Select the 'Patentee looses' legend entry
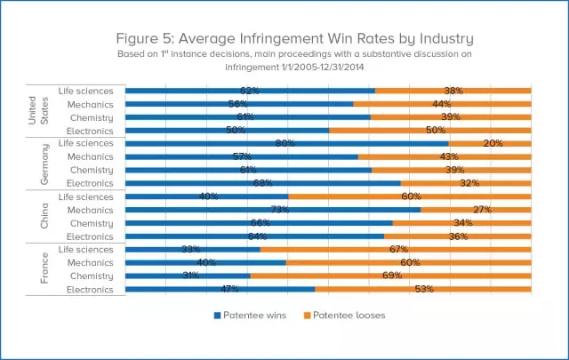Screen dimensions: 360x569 click(342, 316)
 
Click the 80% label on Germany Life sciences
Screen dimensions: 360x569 click(285, 143)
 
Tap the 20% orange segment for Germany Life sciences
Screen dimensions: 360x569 click(490, 143)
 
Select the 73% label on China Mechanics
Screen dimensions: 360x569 click(272, 210)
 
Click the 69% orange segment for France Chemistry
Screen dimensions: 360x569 click(391, 276)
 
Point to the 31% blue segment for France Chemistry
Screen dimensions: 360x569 click(188, 276)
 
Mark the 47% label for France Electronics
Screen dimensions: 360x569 click(220, 289)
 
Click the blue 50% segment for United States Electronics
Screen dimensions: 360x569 click(227, 130)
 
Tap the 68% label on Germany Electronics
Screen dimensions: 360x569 click(262, 183)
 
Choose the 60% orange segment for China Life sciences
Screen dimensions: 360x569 click(410, 196)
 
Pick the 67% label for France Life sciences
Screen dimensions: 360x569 click(397, 250)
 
